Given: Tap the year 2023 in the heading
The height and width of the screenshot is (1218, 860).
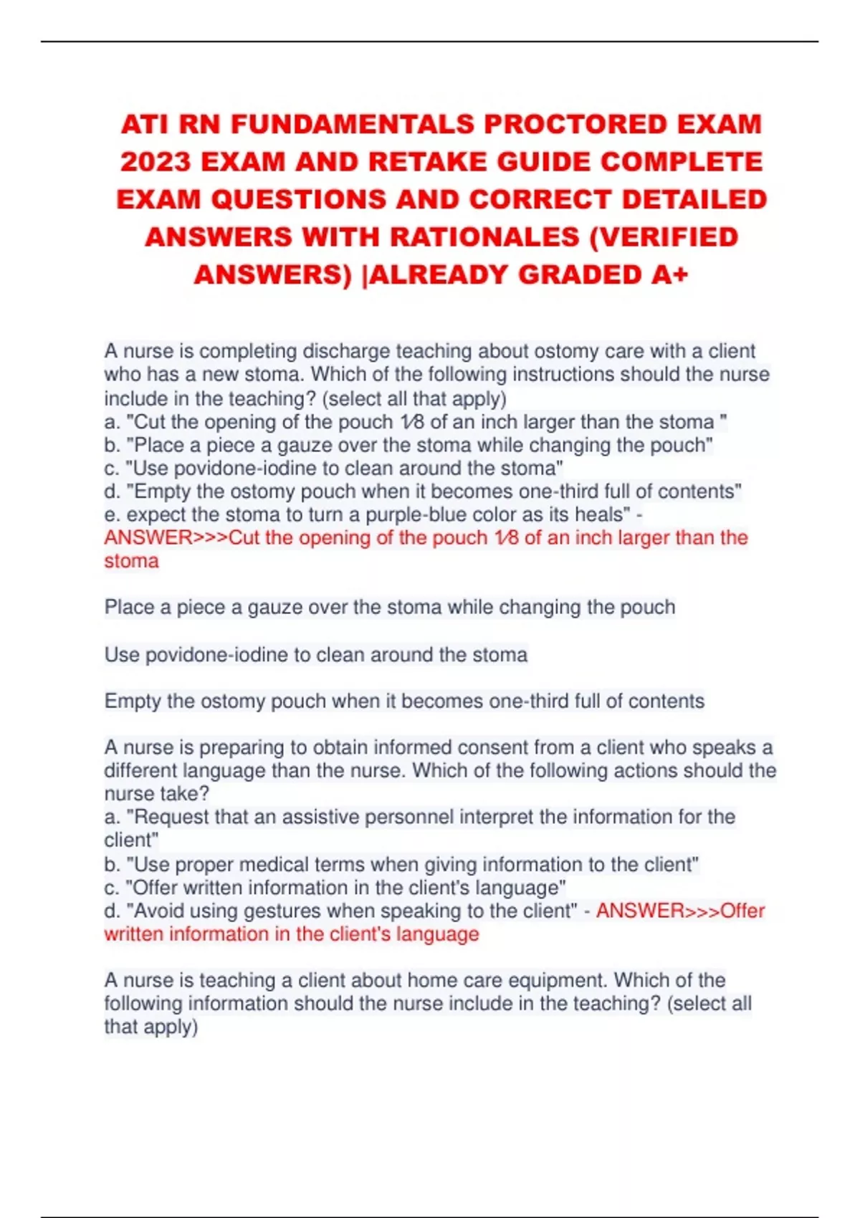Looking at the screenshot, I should point(156,162).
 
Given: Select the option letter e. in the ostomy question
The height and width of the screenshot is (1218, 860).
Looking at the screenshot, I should point(112,514).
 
